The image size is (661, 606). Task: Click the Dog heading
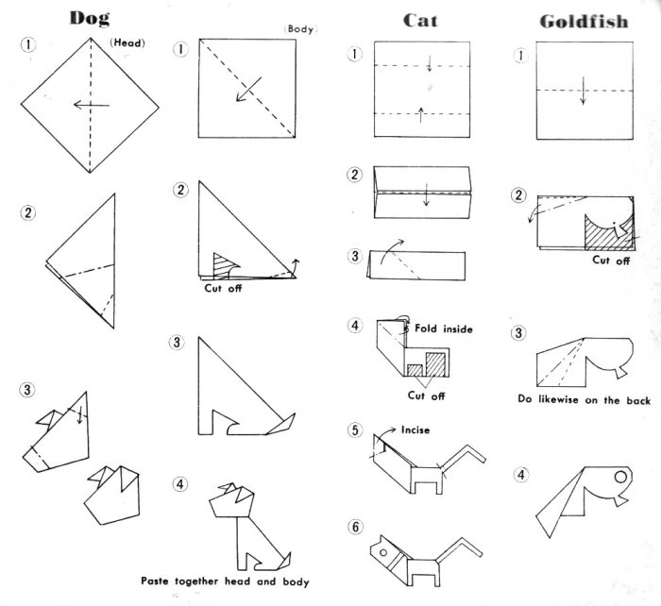point(88,18)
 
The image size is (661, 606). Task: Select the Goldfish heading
point(583,21)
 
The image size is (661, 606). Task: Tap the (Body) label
point(297,30)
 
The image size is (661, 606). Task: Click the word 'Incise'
point(415,430)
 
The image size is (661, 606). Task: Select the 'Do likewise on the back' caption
point(584,400)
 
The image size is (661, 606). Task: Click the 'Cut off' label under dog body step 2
point(223,288)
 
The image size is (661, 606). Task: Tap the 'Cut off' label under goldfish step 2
point(610,261)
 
